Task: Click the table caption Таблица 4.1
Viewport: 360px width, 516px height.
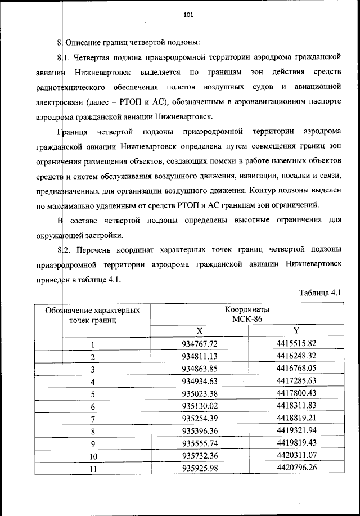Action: (321, 293)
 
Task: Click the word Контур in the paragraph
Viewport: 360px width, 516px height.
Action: (260, 190)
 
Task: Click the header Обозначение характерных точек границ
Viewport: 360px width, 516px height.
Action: (92, 315)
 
